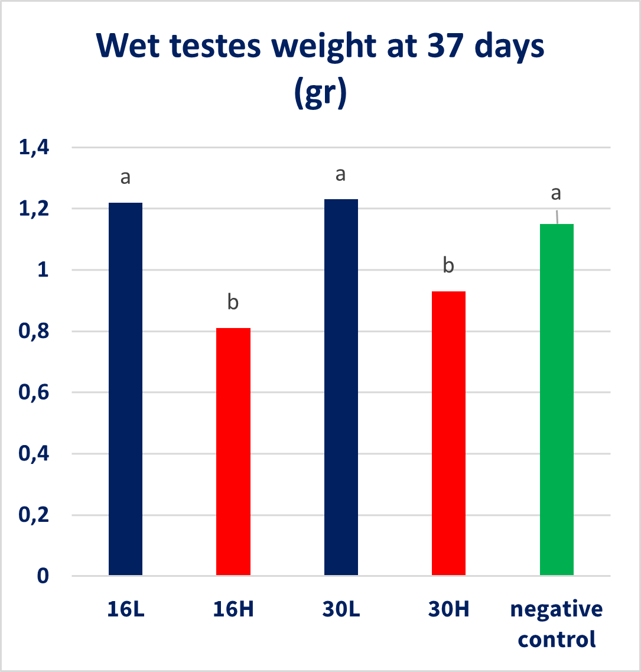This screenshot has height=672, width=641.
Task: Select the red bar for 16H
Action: [233, 452]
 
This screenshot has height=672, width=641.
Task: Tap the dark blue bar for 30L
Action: [341, 387]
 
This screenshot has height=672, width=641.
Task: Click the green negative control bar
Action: [557, 400]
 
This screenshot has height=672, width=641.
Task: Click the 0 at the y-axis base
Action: [43, 576]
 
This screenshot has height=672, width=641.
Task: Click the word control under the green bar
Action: [557, 639]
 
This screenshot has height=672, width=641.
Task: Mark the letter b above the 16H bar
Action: [233, 303]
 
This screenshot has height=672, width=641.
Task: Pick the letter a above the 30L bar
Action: [340, 174]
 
